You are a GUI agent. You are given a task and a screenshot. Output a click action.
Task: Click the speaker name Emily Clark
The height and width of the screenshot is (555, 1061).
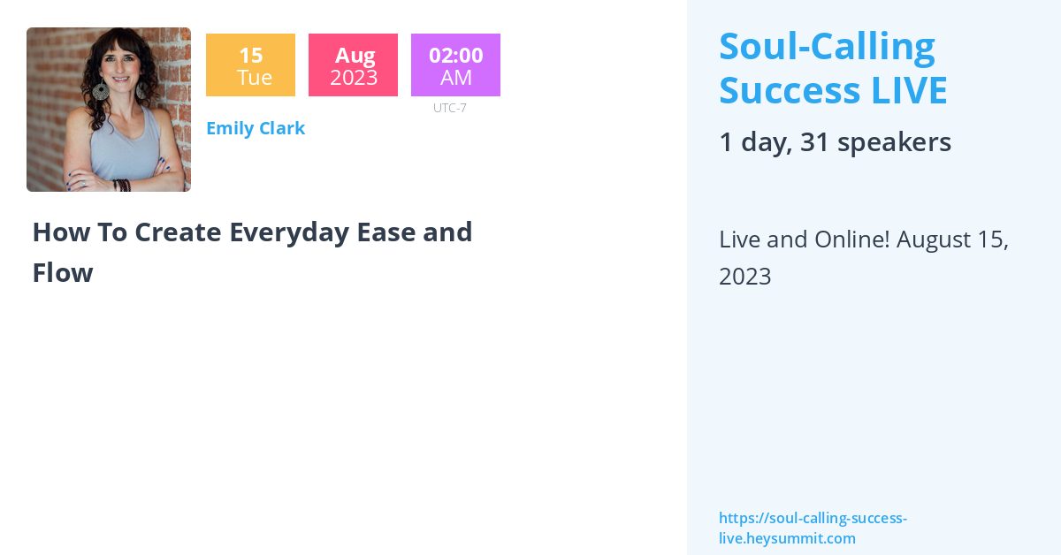pos(256,128)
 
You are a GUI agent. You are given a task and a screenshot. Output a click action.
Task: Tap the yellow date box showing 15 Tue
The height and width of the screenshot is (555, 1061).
pos(250,65)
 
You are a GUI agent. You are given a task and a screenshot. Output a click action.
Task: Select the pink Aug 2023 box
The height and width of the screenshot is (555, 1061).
pos(353,65)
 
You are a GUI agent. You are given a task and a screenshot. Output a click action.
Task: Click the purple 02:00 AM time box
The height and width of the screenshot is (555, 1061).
pos(455,65)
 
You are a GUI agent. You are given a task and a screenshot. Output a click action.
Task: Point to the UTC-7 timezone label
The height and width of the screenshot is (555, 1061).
pos(449,108)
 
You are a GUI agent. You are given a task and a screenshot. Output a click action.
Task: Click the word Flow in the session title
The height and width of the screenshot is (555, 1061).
pos(62,273)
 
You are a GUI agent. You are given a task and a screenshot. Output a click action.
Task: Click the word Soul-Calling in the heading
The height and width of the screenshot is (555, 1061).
pos(827,47)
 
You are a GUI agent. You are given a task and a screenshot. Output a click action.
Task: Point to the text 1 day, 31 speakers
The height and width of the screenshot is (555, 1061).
pos(835,142)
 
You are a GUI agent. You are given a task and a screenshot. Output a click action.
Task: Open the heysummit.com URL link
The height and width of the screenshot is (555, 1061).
pos(813,528)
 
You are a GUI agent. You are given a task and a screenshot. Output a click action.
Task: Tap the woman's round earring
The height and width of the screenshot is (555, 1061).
pos(100,91)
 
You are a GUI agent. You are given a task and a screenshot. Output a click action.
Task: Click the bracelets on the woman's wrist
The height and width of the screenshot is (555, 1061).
pos(122,185)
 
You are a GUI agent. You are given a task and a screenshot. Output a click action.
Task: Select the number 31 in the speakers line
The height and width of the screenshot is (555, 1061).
pos(813,142)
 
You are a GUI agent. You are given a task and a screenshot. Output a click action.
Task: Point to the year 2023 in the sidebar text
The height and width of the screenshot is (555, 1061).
pos(745,277)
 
